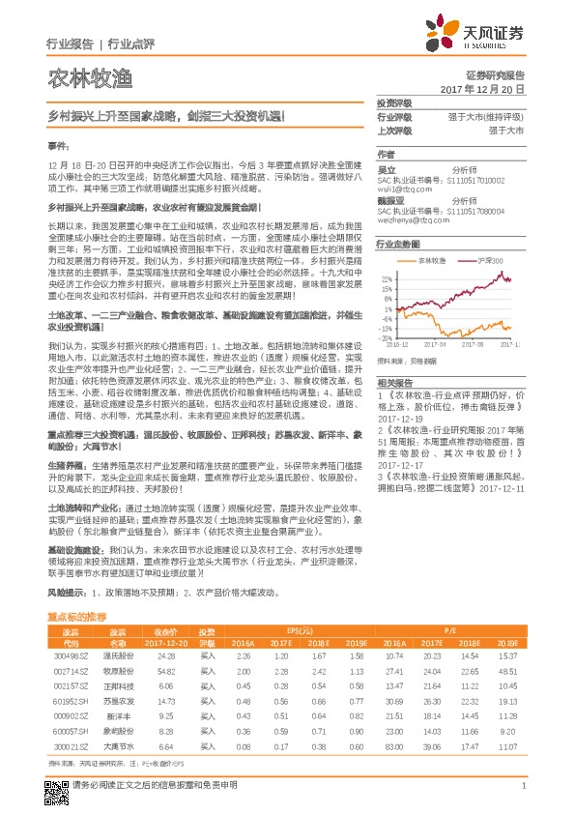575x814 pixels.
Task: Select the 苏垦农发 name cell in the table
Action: click(x=117, y=701)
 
